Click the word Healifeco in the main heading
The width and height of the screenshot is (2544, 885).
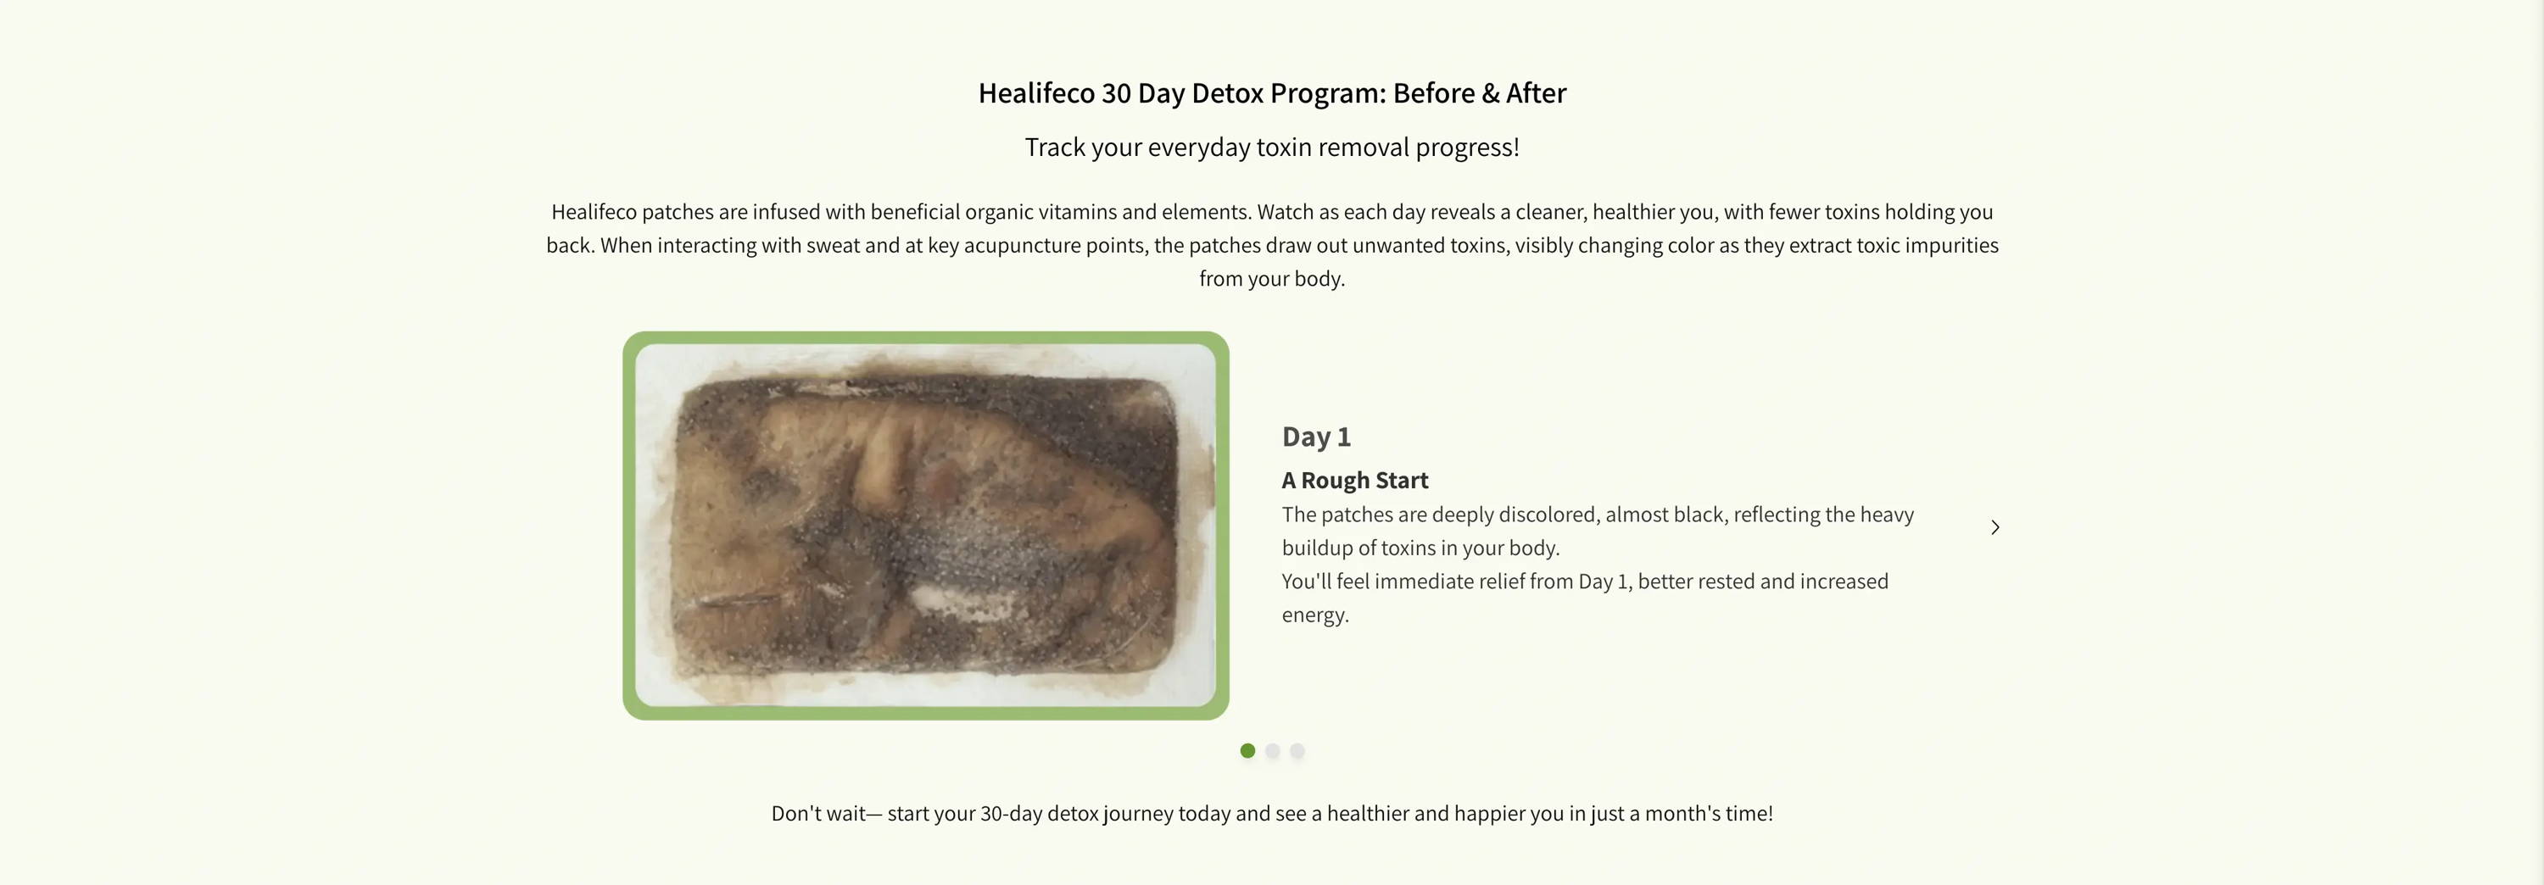click(1036, 94)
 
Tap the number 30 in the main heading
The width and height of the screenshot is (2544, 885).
click(1116, 94)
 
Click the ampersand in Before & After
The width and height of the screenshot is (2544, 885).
click(1490, 94)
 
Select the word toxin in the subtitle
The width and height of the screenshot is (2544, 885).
click(1284, 147)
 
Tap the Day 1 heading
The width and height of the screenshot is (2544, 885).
click(1315, 437)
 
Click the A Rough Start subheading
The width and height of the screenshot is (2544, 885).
click(1355, 480)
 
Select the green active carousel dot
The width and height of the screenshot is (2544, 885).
click(1247, 751)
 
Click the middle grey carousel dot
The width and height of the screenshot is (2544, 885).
click(1272, 751)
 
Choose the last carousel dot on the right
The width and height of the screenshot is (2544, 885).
click(1297, 751)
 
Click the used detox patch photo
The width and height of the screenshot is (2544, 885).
click(925, 526)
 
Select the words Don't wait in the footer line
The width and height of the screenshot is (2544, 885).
click(818, 814)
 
